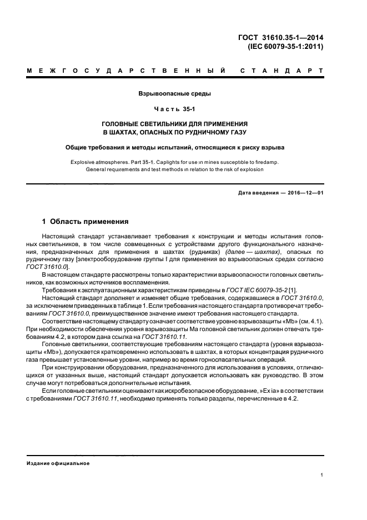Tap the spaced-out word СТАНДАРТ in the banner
coord(283,71)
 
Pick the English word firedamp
coord(267,162)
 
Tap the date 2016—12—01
coord(304,193)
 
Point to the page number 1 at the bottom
coord(322,475)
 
